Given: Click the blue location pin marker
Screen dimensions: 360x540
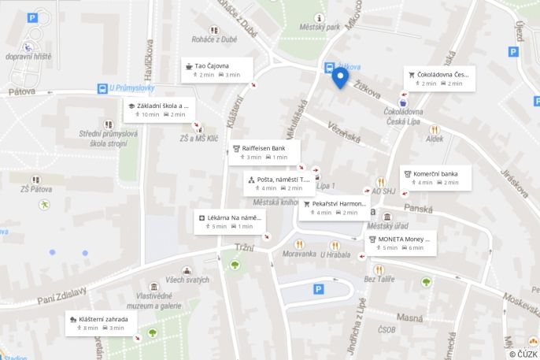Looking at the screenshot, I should [340, 78].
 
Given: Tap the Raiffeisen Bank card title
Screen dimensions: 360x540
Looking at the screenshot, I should [263, 147].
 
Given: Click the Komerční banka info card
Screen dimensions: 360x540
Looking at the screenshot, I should [436, 177].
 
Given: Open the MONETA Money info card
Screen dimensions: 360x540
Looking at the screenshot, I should [401, 243].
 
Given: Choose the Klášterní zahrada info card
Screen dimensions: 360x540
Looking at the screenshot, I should [103, 323].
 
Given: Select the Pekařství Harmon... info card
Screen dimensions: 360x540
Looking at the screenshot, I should [334, 207].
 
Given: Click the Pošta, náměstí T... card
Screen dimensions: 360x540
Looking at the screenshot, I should [279, 184].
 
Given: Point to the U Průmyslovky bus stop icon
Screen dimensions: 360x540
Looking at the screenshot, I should [103, 88].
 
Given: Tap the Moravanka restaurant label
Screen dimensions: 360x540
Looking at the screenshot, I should [299, 254].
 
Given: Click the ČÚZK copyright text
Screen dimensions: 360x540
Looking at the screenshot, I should [523, 354].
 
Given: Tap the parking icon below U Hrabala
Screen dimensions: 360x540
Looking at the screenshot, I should [319, 289].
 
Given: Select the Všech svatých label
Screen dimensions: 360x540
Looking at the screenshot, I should [187, 280].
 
